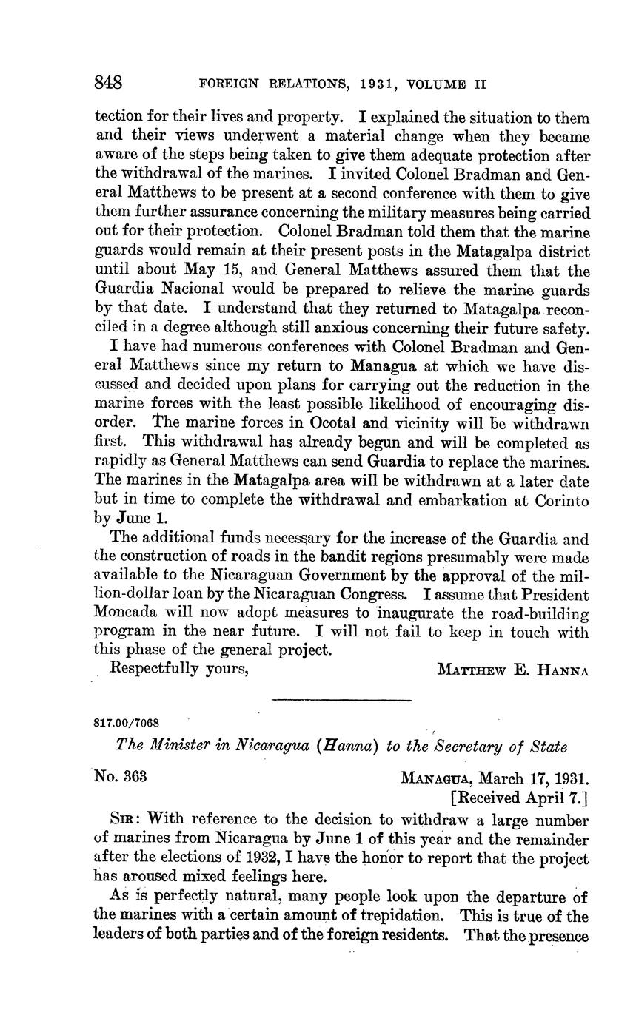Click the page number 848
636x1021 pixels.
point(108,82)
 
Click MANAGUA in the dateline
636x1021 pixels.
point(435,778)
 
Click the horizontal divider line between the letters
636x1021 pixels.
point(341,698)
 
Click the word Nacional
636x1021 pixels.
point(191,289)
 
